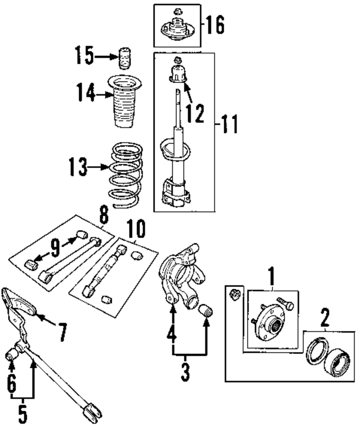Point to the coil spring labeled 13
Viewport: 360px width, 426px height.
(126, 173)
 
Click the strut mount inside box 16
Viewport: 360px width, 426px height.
(177, 29)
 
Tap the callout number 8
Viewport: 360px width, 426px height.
(103, 216)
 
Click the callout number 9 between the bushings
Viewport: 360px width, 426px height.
(55, 248)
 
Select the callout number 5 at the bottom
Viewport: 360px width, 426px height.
(23, 414)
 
